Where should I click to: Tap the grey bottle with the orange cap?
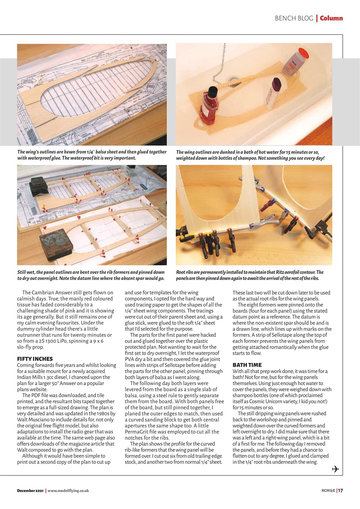pos(296,62)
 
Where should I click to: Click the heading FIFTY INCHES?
pos(35,359)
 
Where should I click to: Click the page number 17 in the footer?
pos(340,490)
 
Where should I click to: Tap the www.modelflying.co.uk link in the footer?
pos(68,491)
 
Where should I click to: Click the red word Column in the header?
pos(331,18)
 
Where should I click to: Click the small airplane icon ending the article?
pos(335,469)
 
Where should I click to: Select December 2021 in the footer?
pos(30,491)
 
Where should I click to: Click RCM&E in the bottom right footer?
pos(328,490)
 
